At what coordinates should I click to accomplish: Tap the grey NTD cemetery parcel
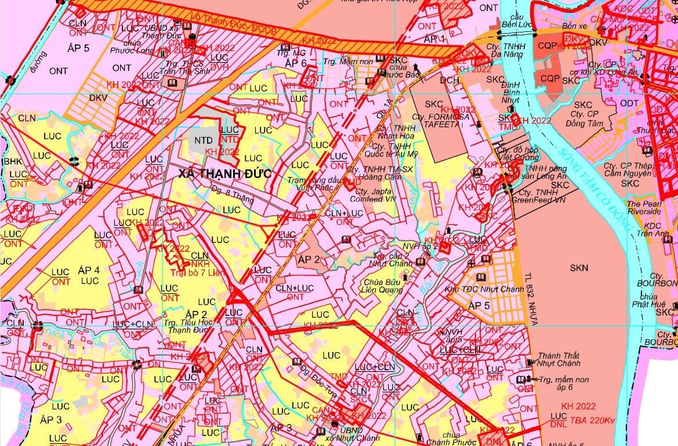[x=203, y=140]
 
